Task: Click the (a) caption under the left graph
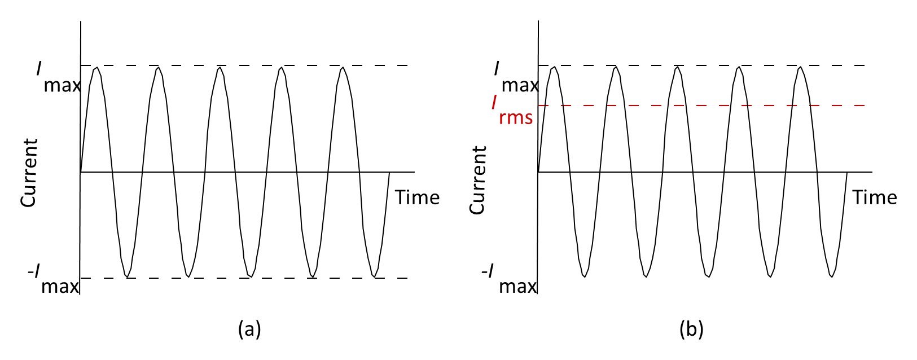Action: pyautogui.click(x=249, y=329)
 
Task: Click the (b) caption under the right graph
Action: pyautogui.click(x=691, y=329)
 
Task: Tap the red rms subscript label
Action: pyautogui.click(x=516, y=118)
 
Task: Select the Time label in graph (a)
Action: pyautogui.click(x=417, y=197)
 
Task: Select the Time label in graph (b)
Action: pyautogui.click(x=875, y=197)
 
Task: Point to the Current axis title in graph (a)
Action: pyautogui.click(x=29, y=173)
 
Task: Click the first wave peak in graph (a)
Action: pyautogui.click(x=96, y=68)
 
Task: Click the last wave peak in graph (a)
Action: pyautogui.click(x=343, y=68)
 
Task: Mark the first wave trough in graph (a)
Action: pyautogui.click(x=128, y=276)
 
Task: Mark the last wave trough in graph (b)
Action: pyautogui.click(x=832, y=276)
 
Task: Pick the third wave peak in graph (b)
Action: pyautogui.click(x=678, y=68)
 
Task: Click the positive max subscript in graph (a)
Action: pyautogui.click(x=62, y=86)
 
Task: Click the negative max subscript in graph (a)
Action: pyautogui.click(x=60, y=287)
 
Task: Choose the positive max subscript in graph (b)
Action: pyautogui.click(x=520, y=86)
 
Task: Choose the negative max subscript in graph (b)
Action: pyautogui.click(x=517, y=287)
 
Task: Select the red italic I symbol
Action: pyautogui.click(x=494, y=102)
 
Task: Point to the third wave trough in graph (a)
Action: pyautogui.click(x=251, y=276)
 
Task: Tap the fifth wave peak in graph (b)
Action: pyautogui.click(x=800, y=68)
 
